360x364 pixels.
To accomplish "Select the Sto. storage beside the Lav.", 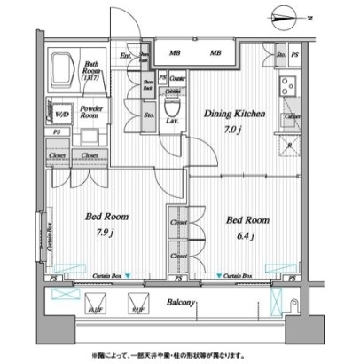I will (148, 115).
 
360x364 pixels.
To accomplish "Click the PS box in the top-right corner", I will (294, 56).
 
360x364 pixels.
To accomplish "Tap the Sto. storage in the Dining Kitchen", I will (280, 56).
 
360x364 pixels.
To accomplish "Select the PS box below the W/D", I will (57, 132).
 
